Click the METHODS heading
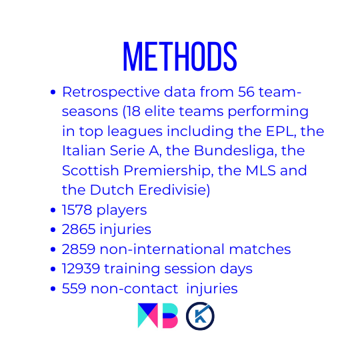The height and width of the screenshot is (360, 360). (180, 56)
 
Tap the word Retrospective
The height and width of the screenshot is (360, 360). (111, 93)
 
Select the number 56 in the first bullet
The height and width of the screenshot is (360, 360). (246, 91)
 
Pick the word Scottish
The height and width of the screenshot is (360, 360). (90, 171)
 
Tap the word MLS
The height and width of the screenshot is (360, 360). (261, 171)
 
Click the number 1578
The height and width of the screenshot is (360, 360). (77, 210)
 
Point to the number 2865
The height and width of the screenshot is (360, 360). (79, 229)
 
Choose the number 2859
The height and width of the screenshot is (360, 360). (79, 249)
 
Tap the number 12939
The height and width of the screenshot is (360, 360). (81, 269)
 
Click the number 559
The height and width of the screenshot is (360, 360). (74, 289)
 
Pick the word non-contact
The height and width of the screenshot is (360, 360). (134, 289)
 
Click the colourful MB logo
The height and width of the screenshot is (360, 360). (158, 316)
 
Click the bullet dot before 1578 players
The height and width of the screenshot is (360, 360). (53, 210)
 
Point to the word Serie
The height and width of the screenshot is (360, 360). (127, 151)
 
